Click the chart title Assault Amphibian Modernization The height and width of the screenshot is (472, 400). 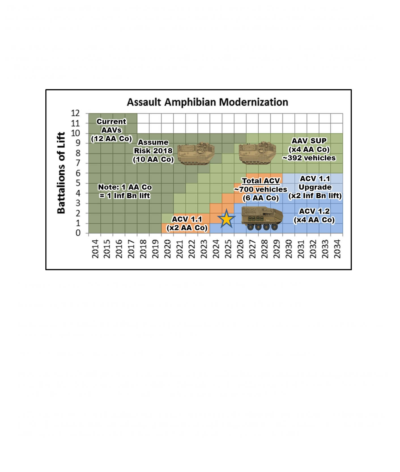[x=207, y=102]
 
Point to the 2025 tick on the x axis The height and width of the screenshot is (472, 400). [x=228, y=249]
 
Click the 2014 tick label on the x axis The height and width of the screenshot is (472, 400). [x=95, y=249]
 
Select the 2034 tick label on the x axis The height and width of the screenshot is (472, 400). [x=337, y=249]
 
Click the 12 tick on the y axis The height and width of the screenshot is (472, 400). [x=75, y=113]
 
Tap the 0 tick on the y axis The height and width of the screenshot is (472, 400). [x=78, y=233]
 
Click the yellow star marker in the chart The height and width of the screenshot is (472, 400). [x=226, y=219]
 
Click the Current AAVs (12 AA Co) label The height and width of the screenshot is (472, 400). [x=111, y=130]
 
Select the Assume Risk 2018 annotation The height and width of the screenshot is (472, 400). [x=153, y=151]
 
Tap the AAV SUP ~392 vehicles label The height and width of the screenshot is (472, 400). [x=309, y=149]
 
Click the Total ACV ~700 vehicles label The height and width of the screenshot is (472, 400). [x=261, y=189]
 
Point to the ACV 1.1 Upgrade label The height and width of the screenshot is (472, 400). [x=315, y=187]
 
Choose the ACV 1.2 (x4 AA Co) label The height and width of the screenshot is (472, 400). [x=314, y=216]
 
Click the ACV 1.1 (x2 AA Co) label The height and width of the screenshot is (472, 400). [x=187, y=224]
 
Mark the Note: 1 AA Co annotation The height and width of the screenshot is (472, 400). [x=125, y=191]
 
